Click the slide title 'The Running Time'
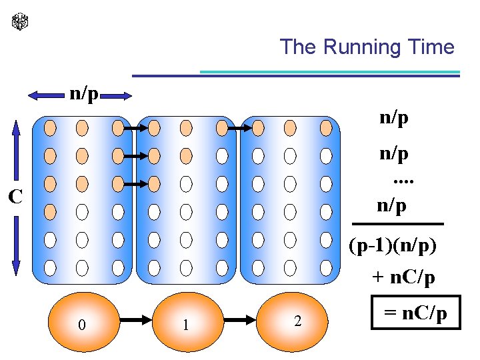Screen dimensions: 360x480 pos(367,47)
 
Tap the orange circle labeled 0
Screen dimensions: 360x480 pos(81,324)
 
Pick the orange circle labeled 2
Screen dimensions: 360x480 pos(297,321)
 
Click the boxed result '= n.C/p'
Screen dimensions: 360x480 pos(416,313)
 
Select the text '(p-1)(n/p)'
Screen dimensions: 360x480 pos(393,246)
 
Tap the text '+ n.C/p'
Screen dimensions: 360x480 pos(403,277)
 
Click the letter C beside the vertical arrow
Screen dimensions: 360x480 pos(15,197)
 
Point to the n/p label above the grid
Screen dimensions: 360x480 pos(84,95)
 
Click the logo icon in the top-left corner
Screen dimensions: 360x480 pos(21,22)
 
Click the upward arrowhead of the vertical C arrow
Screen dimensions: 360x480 pos(17,127)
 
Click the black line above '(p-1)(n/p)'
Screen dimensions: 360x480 pos(397,224)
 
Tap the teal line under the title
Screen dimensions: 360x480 pos(330,71)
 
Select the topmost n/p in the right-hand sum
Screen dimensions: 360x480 pos(394,119)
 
